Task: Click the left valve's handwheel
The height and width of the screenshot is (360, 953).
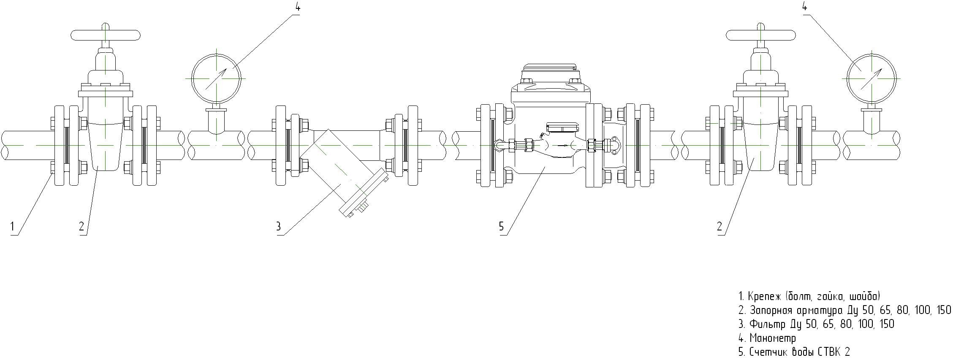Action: [x=106, y=35]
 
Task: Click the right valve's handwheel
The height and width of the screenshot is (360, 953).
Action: [x=760, y=35]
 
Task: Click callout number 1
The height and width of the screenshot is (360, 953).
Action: [x=13, y=227]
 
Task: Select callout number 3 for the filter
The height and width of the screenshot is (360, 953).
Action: [x=278, y=227]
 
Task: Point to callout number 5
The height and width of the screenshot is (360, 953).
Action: [x=502, y=227]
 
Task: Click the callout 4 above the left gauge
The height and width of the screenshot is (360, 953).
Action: [x=298, y=7]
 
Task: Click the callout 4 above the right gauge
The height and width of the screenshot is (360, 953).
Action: [x=804, y=7]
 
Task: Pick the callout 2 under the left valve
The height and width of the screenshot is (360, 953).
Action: [x=81, y=227]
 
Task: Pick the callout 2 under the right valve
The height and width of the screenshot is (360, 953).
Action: [x=720, y=227]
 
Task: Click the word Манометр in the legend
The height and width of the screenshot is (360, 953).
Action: [x=773, y=338]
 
